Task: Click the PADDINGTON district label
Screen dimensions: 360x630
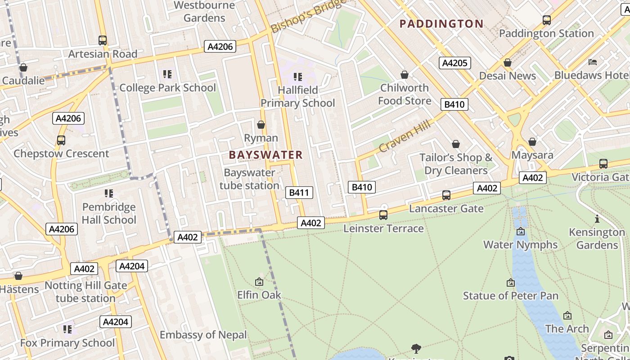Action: tap(441, 24)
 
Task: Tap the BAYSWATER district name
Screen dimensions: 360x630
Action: tap(265, 155)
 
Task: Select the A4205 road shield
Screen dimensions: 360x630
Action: tap(454, 63)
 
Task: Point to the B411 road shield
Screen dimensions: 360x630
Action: tap(299, 193)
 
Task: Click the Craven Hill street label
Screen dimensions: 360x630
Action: tap(405, 136)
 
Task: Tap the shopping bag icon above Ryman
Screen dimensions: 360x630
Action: tap(261, 125)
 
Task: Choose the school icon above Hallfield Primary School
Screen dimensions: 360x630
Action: tap(297, 77)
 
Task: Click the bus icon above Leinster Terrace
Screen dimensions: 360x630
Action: tap(383, 215)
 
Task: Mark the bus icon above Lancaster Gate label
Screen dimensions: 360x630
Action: tap(446, 195)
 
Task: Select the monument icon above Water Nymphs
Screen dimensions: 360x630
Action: tap(521, 232)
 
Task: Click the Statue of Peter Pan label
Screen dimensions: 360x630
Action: tap(511, 296)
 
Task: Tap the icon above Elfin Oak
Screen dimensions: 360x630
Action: tap(259, 282)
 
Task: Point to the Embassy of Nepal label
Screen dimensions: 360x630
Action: tap(203, 335)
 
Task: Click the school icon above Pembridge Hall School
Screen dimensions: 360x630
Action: tap(109, 193)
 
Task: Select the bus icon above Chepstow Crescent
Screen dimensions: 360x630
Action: tap(61, 140)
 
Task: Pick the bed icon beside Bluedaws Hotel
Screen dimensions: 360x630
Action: tap(593, 62)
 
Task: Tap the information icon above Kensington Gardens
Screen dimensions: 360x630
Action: tap(597, 219)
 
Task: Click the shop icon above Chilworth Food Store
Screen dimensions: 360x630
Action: tap(405, 75)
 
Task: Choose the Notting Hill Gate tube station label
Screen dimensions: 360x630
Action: tap(85, 292)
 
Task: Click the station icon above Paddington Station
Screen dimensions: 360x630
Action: tap(547, 20)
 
